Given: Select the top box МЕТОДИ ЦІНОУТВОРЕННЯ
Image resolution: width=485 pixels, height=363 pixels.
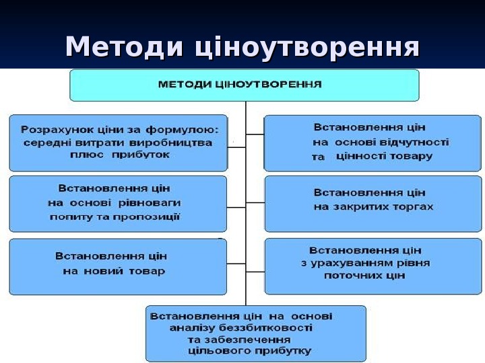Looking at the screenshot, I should [x=245, y=85].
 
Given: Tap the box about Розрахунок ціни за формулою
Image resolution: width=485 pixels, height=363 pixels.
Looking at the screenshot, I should [x=118, y=143].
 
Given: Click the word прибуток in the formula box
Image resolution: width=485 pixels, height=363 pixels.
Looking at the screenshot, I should [x=147, y=155].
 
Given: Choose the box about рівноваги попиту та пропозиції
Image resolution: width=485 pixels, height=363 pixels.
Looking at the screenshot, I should [x=118, y=204].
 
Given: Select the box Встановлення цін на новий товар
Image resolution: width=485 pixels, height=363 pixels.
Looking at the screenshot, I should [x=118, y=265].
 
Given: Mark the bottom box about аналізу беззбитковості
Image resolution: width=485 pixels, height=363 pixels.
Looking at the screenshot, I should [x=256, y=333].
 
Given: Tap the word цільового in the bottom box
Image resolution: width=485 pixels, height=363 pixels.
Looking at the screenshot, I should [x=220, y=350].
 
